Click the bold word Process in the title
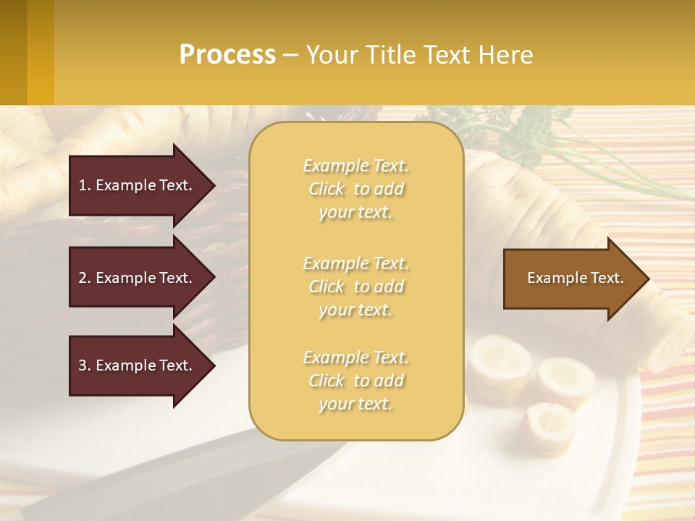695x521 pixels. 227,55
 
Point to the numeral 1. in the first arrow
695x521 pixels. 85,186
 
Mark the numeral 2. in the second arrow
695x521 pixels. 85,279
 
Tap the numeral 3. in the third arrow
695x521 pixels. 85,366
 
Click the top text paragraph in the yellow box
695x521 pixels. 355,189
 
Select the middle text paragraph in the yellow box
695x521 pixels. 355,287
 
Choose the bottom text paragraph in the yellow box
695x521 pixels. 355,381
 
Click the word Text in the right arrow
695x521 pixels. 607,279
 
